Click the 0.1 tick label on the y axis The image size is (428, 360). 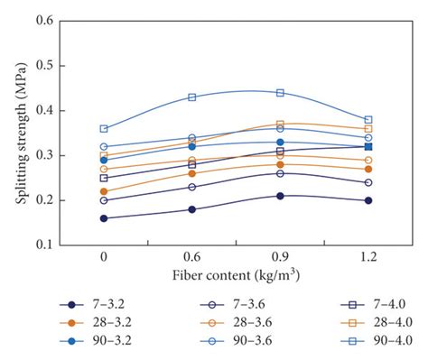coord(44,245)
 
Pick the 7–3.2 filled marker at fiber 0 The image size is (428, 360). coord(104,218)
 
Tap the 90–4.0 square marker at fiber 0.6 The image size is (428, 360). coord(191,97)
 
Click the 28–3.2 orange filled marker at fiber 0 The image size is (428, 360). coord(104,191)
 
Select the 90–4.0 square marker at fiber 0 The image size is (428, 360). coord(104,129)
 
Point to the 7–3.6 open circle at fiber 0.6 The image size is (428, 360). coord(191,187)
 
